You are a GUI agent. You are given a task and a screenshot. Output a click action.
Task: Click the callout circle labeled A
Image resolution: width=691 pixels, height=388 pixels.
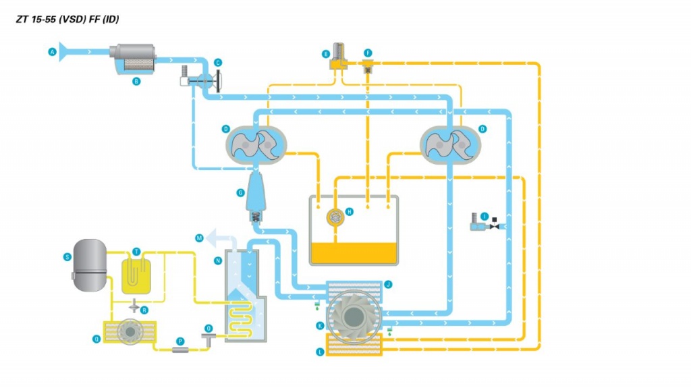click(x=52, y=51)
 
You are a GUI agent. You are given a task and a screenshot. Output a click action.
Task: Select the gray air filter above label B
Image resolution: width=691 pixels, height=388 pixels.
click(x=132, y=56)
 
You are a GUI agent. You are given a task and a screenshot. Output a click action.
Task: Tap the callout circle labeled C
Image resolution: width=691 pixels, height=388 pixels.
click(x=218, y=63)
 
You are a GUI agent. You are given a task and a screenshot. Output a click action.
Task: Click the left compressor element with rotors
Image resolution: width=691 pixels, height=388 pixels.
click(x=255, y=144)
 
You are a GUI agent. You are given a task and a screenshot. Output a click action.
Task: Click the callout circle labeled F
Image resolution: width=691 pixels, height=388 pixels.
click(x=368, y=53)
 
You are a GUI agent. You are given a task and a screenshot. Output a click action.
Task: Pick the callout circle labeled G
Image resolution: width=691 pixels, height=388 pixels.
click(x=240, y=193)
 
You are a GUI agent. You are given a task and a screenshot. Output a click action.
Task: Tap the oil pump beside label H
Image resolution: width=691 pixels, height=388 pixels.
click(x=334, y=217)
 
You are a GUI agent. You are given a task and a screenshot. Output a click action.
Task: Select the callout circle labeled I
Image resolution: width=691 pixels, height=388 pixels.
click(x=485, y=217)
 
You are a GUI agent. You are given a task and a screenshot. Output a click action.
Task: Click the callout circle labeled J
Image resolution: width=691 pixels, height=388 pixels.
click(x=388, y=285)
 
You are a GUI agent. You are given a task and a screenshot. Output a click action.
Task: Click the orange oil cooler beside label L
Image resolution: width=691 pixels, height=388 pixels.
click(x=354, y=345)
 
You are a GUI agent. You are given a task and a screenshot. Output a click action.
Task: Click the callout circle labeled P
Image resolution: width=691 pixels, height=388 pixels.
click(x=179, y=341)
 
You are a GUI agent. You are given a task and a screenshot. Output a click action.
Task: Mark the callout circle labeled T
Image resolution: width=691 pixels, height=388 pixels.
click(x=136, y=251)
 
